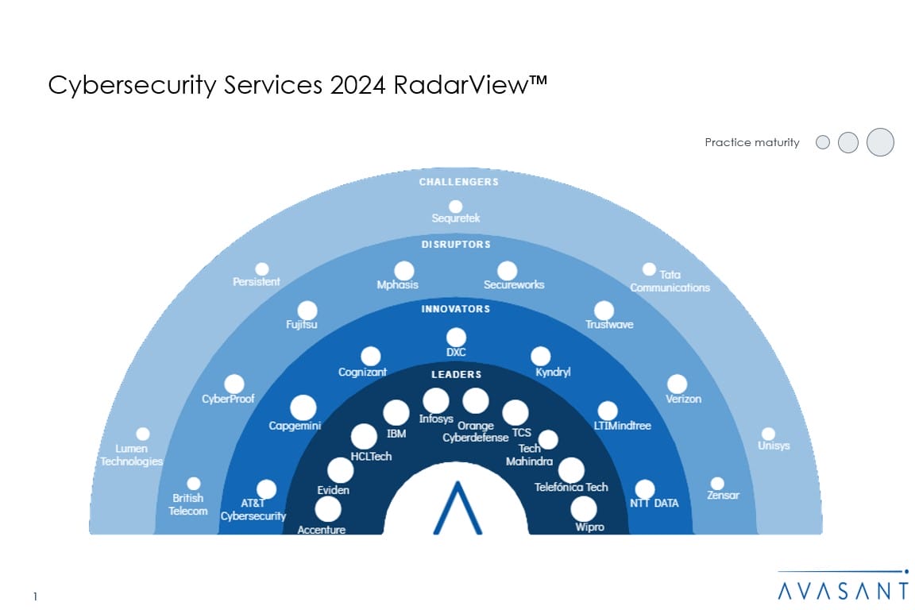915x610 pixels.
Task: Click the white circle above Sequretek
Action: [x=455, y=207]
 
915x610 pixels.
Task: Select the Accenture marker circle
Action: [x=328, y=509]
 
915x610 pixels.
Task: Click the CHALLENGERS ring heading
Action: [x=459, y=182]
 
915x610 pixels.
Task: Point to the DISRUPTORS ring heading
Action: [x=456, y=245]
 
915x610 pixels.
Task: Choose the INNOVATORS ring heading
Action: [x=456, y=309]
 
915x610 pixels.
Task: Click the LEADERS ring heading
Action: [x=456, y=374]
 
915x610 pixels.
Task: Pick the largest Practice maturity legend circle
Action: [x=880, y=142]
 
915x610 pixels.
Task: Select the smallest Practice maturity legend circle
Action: [x=823, y=143]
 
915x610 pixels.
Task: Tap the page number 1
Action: [x=36, y=596]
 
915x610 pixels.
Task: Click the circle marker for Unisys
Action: [x=768, y=434]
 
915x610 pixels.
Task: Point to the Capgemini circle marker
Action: [x=303, y=407]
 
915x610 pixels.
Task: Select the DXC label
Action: [x=456, y=353]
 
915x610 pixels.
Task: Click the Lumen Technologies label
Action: [x=132, y=455]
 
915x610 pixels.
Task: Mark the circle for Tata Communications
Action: [x=649, y=269]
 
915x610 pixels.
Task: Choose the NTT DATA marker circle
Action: [x=645, y=489]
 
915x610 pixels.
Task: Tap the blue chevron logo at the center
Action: [x=457, y=508]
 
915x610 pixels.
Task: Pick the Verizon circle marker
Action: [x=677, y=384]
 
